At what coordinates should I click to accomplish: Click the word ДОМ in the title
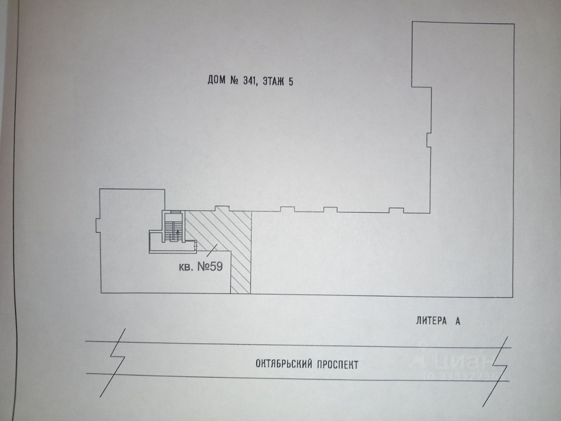click(x=217, y=80)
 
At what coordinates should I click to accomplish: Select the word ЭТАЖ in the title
click(x=273, y=82)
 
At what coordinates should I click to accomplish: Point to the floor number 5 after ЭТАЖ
click(x=291, y=82)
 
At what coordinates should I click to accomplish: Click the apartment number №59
click(x=210, y=267)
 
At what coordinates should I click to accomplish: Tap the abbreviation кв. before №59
click(x=186, y=268)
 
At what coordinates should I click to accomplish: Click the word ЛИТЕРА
click(x=431, y=321)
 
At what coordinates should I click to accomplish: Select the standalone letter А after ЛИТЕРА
click(x=458, y=321)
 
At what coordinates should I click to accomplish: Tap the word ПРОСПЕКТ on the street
click(x=338, y=364)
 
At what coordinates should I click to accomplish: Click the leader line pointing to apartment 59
click(x=212, y=250)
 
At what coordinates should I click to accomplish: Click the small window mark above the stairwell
click(x=176, y=211)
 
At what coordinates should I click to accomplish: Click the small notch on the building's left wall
click(x=97, y=225)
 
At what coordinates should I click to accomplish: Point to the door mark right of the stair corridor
click(x=195, y=246)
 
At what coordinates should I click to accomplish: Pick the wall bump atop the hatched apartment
click(x=223, y=209)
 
